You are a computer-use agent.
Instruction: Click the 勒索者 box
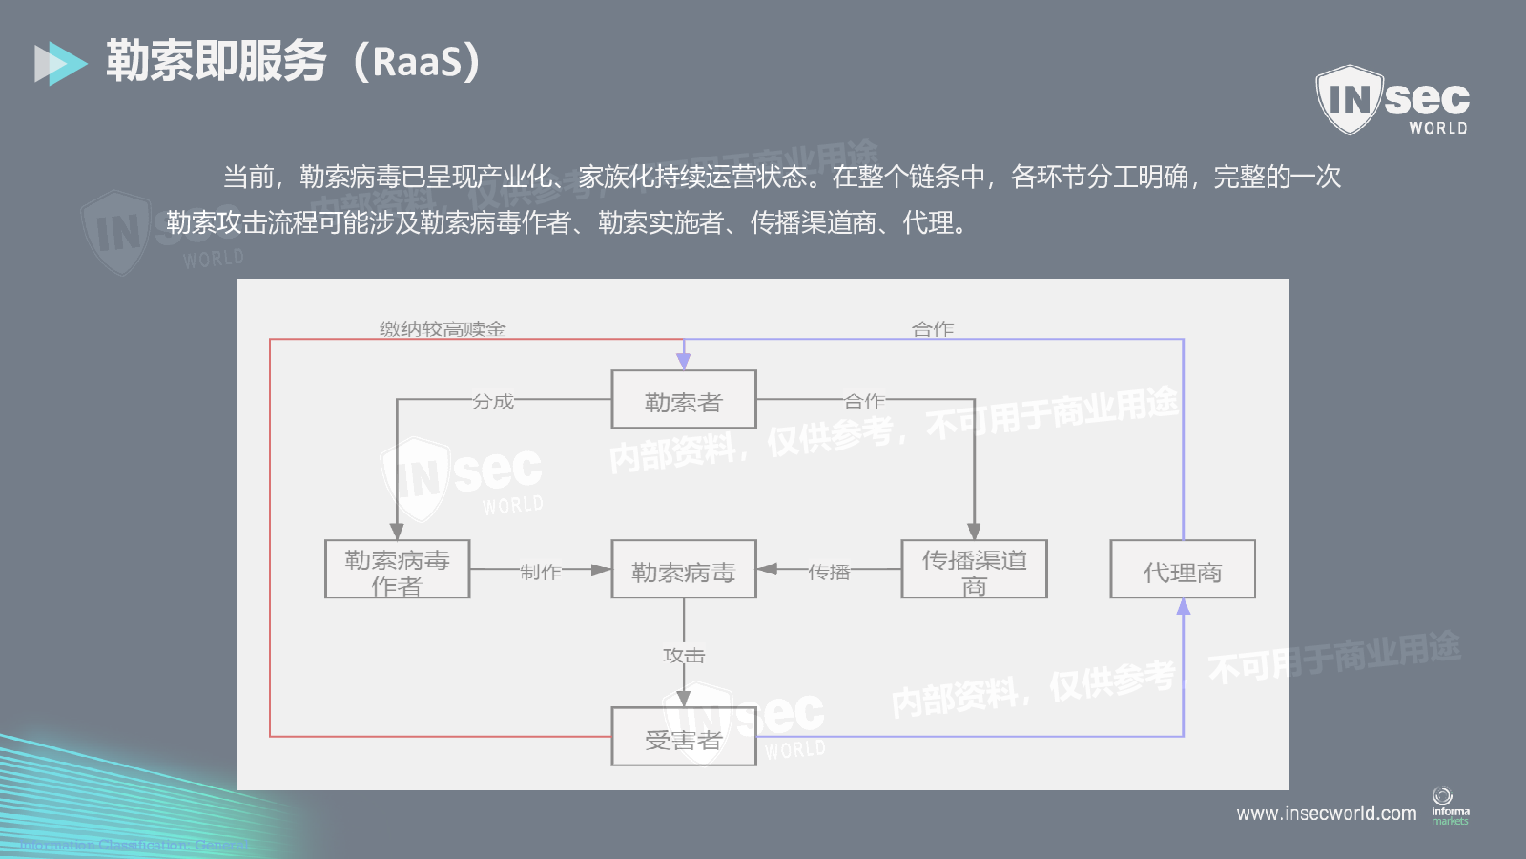[683, 400]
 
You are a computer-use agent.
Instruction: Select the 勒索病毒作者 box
[397, 570]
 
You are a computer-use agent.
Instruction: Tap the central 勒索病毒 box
[683, 570]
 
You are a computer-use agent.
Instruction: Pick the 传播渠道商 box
[974, 570]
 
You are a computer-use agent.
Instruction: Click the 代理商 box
[1183, 570]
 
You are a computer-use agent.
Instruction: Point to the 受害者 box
[683, 737]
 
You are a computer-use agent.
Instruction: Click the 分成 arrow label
[493, 402]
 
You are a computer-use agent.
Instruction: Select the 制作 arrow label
[541, 572]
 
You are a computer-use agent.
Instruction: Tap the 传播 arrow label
[829, 572]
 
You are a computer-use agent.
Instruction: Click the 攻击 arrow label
[683, 656]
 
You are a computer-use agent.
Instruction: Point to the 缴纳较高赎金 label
[443, 329]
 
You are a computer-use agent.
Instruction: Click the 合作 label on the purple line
[933, 329]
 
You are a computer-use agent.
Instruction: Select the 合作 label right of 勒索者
[864, 402]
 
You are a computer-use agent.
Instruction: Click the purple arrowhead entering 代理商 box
[1183, 607]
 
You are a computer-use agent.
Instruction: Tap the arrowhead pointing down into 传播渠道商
[974, 532]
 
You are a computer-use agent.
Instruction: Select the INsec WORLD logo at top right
[1392, 99]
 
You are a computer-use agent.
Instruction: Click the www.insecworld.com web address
[1326, 813]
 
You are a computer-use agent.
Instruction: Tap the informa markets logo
[1450, 807]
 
